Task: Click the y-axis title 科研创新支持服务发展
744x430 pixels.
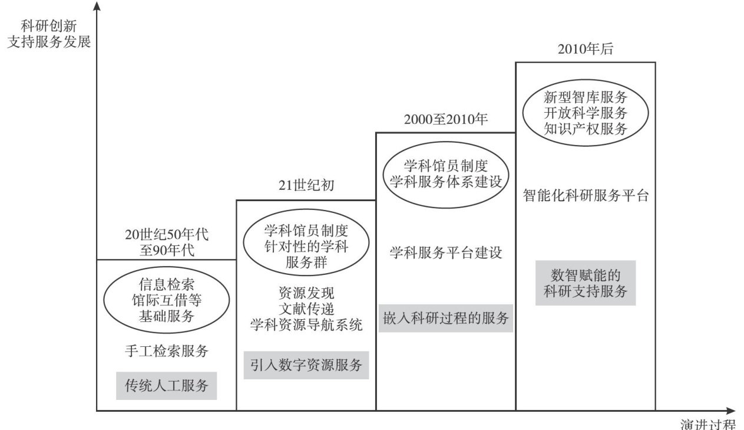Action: point(49,34)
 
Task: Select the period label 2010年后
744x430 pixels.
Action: point(585,50)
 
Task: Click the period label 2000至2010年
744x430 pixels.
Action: point(446,119)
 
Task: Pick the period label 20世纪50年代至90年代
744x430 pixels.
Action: point(166,241)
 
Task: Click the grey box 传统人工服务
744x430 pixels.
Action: point(166,386)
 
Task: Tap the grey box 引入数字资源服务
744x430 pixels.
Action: point(306,365)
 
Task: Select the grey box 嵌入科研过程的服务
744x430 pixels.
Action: point(445,318)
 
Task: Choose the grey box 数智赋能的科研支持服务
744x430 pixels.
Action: point(585,283)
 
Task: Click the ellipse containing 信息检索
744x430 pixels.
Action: point(166,301)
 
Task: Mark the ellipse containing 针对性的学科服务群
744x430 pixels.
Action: point(306,246)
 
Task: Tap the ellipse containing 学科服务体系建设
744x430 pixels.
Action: point(446,172)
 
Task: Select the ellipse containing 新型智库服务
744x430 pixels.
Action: point(585,112)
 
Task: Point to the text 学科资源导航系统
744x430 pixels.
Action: point(306,324)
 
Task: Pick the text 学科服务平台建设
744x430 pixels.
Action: point(446,253)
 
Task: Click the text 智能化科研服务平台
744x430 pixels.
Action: point(585,196)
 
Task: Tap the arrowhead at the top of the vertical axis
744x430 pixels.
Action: point(97,6)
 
